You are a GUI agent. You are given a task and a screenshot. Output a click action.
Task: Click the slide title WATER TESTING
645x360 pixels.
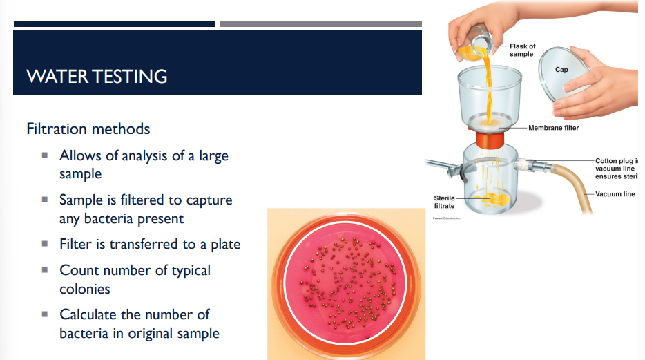pos(97,75)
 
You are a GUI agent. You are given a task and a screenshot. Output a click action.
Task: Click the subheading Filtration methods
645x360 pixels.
pos(88,129)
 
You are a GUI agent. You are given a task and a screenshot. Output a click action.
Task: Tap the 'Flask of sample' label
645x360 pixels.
pos(522,50)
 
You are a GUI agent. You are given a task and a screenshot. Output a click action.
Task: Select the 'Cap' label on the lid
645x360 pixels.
pos(561,70)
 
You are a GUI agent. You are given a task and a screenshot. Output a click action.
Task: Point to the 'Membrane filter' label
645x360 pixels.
pos(553,128)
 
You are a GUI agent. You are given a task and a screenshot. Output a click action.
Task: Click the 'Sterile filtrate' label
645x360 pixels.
pos(444,202)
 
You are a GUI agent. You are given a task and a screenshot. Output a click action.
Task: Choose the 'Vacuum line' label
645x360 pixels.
pos(615,194)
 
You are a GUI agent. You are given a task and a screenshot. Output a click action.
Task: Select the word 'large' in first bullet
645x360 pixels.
pos(213,155)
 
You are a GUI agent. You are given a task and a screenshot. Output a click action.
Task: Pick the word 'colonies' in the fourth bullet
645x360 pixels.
pos(85,289)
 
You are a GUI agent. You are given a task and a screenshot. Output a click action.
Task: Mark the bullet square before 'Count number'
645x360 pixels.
pos(45,270)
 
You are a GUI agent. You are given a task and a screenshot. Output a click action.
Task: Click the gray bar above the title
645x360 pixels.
pos(320,24)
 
